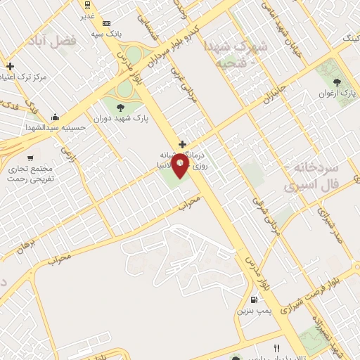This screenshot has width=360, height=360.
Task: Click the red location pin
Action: [x=181, y=167]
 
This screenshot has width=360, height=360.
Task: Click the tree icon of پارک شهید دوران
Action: [x=120, y=108]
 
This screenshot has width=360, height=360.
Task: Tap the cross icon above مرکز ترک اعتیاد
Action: [x=10, y=66]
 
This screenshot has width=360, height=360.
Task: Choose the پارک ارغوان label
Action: [x=335, y=93]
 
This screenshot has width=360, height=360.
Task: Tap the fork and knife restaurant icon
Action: [x=276, y=348]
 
